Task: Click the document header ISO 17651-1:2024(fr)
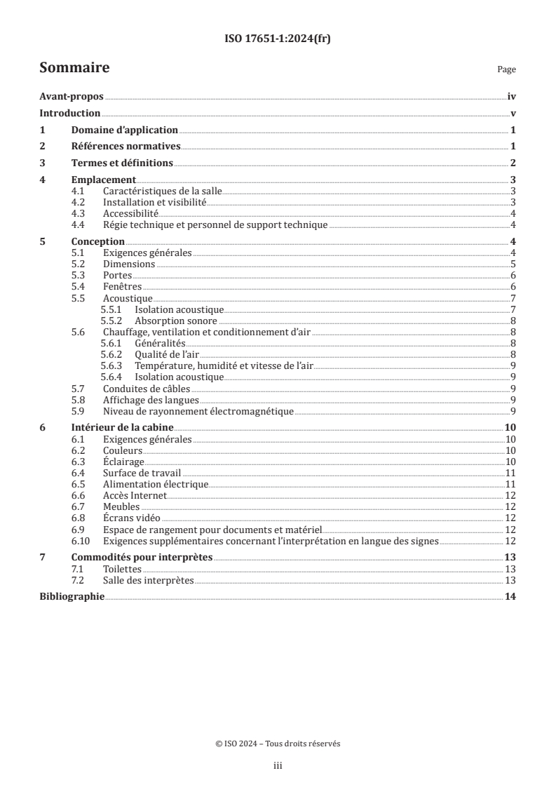pyautogui.click(x=278, y=39)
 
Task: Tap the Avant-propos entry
pyautogui.click(x=72, y=98)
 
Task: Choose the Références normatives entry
pyautogui.click(x=126, y=147)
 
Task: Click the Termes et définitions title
pyautogui.click(x=123, y=163)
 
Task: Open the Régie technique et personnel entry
pyautogui.click(x=215, y=224)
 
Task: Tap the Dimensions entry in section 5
pyautogui.click(x=129, y=264)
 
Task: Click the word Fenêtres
pyautogui.click(x=123, y=287)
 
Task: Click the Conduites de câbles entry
pyautogui.click(x=147, y=388)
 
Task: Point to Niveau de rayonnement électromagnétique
pyautogui.click(x=198, y=411)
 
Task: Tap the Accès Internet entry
pyautogui.click(x=135, y=495)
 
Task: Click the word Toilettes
pyautogui.click(x=122, y=569)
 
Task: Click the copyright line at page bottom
pyautogui.click(x=278, y=744)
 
